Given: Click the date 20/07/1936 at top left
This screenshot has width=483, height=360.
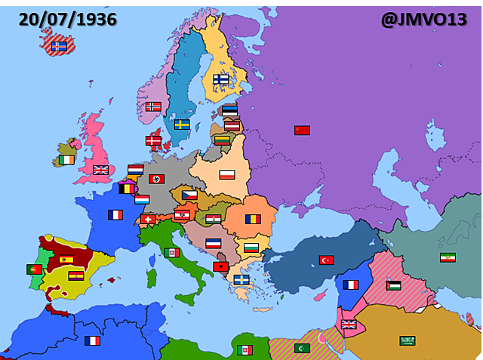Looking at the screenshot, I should pos(67,19).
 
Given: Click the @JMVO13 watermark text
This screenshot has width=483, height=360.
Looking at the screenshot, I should pos(423,19).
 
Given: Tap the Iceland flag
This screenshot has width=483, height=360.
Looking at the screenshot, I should pos(59,46).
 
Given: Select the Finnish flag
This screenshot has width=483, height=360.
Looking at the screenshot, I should pos(221,78).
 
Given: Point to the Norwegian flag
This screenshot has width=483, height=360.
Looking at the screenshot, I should pos(153,106).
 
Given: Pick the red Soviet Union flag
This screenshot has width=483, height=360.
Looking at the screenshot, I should pos(302,130).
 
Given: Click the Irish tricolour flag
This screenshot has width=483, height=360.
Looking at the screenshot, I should pos(67,159).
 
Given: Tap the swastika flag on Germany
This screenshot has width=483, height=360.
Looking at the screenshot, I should pos(157,179).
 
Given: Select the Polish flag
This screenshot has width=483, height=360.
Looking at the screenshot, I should pos(227,174).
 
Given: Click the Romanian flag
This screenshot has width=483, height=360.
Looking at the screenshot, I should pos(252,219).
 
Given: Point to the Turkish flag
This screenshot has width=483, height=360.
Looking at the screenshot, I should pos(326,260).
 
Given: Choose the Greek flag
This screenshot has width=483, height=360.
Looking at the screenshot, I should pos(241,279).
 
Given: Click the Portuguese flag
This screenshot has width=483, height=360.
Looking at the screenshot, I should pos(34,269).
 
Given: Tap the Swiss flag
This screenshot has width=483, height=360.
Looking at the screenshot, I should pos(147,219).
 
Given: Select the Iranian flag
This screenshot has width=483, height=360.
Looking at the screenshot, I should pos(448,257).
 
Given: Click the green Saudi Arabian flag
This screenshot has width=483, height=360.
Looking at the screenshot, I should pos(408,340).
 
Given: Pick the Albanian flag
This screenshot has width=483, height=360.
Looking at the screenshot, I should pos(220,266).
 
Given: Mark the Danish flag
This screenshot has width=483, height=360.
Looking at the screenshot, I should pos(153,140).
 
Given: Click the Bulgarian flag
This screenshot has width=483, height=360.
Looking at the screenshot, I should pos(251,248).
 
